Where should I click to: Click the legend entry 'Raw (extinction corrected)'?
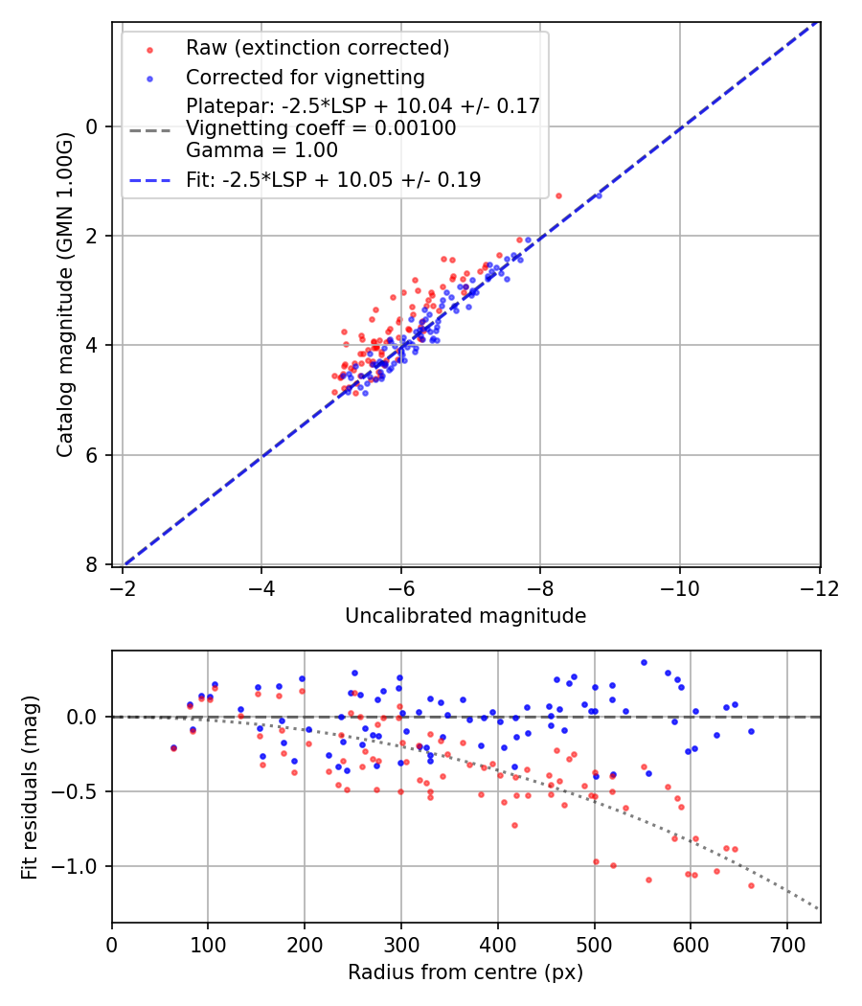317,48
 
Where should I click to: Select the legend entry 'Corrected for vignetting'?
305,77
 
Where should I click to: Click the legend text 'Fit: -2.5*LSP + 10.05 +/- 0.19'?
333,179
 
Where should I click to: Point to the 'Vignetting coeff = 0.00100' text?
321,128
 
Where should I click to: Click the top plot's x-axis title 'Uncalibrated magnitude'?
465,616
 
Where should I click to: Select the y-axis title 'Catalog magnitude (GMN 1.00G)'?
64,294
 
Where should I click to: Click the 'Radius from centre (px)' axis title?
465,972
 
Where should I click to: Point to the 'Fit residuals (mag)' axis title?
30,787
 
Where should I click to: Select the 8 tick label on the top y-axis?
93,564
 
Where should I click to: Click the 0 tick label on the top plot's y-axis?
93,126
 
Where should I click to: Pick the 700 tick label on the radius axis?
786,944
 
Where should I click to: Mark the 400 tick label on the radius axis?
497,944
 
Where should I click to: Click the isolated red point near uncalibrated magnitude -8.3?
558,195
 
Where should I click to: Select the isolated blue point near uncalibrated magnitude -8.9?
599,195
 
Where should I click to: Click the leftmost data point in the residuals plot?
173,747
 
